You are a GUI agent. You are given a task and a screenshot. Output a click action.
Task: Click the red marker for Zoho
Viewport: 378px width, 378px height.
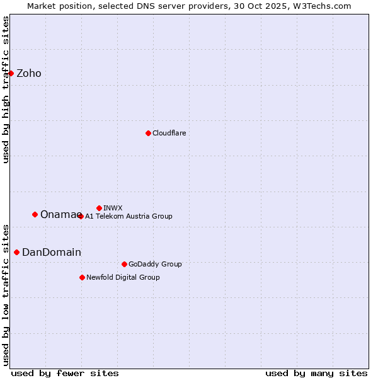point(11,73)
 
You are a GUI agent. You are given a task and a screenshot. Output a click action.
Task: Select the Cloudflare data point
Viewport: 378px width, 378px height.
point(148,133)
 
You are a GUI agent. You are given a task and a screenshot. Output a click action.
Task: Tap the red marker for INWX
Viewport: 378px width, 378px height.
point(99,208)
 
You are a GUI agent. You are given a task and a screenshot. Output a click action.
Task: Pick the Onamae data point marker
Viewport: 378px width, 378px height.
point(35,214)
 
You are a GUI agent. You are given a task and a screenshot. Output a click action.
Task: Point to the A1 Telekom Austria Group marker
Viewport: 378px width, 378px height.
point(81,216)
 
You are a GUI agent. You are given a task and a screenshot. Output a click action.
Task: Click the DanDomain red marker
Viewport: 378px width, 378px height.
point(16,252)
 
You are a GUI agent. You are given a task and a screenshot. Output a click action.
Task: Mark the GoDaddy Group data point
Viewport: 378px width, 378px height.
point(124,264)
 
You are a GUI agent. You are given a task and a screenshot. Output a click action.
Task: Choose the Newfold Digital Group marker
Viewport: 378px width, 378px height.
point(82,277)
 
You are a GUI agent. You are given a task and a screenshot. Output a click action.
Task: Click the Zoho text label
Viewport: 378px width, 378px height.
point(29,74)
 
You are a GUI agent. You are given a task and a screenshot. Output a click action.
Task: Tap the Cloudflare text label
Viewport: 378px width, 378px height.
point(169,133)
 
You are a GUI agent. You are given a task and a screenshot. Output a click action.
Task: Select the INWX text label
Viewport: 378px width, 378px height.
point(113,208)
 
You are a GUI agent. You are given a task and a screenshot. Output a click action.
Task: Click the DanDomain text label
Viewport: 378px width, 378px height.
point(52,253)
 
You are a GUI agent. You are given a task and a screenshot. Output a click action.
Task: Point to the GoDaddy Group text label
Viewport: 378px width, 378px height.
point(155,264)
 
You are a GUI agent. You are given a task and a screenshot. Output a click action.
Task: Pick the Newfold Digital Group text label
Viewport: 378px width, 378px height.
point(123,277)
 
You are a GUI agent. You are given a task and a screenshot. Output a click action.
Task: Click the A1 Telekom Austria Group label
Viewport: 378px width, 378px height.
point(129,216)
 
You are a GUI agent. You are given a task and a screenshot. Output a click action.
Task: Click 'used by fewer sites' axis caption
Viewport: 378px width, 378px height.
point(65,374)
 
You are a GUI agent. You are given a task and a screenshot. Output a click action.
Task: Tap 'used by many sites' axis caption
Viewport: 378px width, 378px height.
point(316,374)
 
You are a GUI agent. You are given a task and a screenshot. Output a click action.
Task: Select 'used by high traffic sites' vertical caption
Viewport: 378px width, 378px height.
point(6,89)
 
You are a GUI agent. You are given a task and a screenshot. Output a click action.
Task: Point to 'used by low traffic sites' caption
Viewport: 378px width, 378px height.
point(6,294)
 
